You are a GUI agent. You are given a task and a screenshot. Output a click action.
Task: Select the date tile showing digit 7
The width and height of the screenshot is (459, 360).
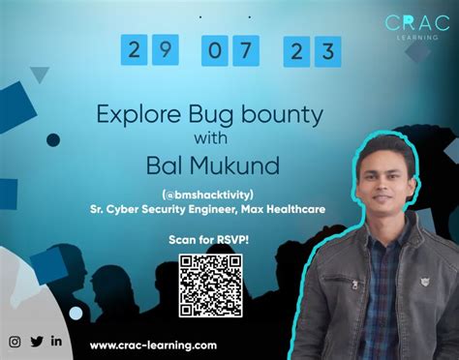pos(244,48)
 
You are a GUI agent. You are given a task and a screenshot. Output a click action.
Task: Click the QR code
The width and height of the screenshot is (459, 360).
pos(210,283)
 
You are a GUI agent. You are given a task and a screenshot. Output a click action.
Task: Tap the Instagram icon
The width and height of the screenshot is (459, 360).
pos(15,341)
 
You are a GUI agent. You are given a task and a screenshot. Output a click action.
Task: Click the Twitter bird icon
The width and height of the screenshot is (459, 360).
pos(37,341)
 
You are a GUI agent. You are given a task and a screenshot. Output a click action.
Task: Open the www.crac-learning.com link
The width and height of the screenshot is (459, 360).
pos(153,345)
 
